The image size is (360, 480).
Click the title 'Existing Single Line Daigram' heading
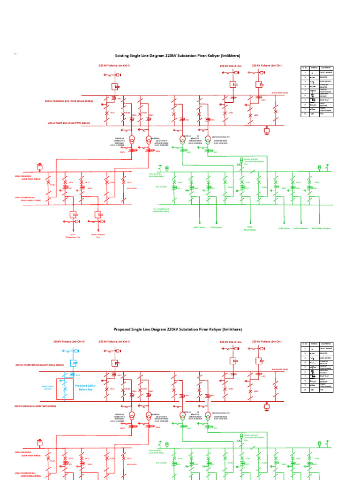178,55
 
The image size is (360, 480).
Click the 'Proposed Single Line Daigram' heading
178,330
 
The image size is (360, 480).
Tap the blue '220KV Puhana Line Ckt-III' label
69,342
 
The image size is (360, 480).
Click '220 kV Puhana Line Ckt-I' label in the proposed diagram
267,341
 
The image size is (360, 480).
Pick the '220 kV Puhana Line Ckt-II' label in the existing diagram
114,66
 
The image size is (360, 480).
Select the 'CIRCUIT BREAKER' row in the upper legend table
326,73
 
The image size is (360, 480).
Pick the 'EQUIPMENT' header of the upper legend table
326,68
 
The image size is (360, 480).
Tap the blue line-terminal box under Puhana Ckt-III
73,363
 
